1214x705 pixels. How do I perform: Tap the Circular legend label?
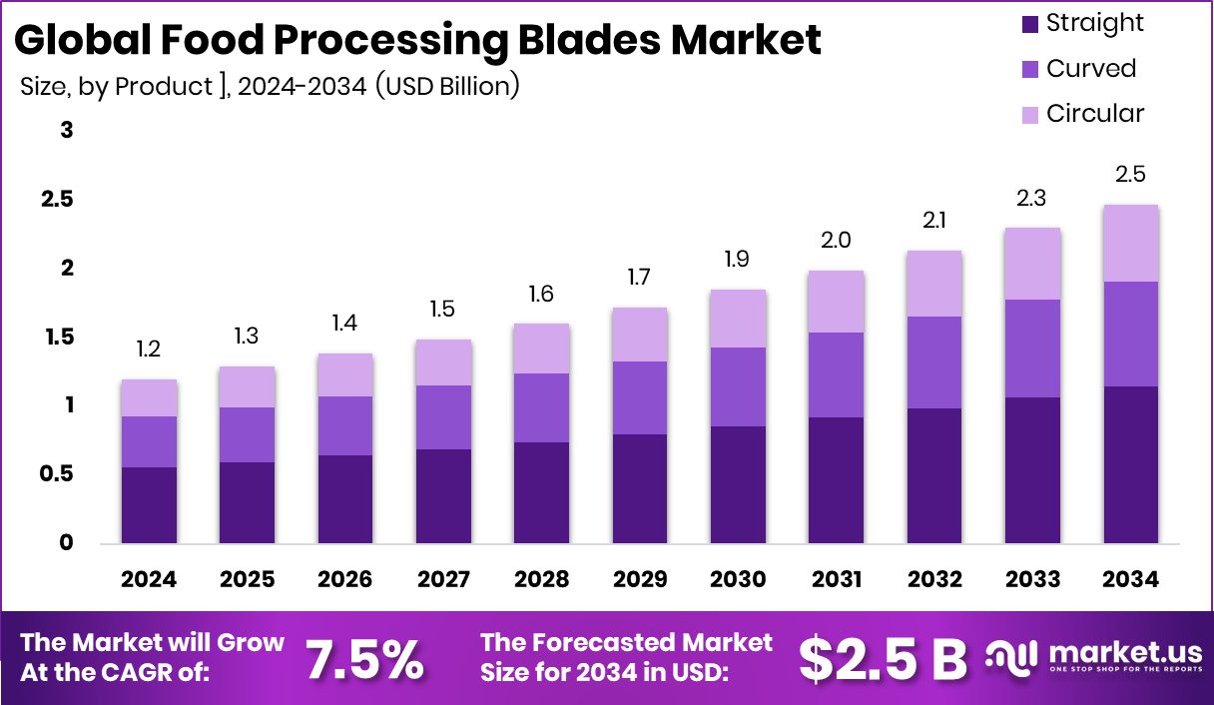(1095, 114)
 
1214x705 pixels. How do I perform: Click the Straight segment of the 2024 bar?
(149, 505)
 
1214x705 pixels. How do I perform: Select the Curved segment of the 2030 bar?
(738, 386)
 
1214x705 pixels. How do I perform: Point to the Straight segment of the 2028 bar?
(541, 492)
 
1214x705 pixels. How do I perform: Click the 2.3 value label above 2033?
(1031, 198)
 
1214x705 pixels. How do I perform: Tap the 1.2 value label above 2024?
(149, 350)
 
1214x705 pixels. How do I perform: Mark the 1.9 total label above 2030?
(738, 260)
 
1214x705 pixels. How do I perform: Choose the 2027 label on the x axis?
(443, 580)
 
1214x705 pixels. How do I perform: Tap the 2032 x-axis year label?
(933, 580)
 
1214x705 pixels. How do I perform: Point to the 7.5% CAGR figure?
(363, 658)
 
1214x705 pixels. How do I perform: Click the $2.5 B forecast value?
(884, 658)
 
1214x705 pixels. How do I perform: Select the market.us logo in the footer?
(1093, 657)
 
